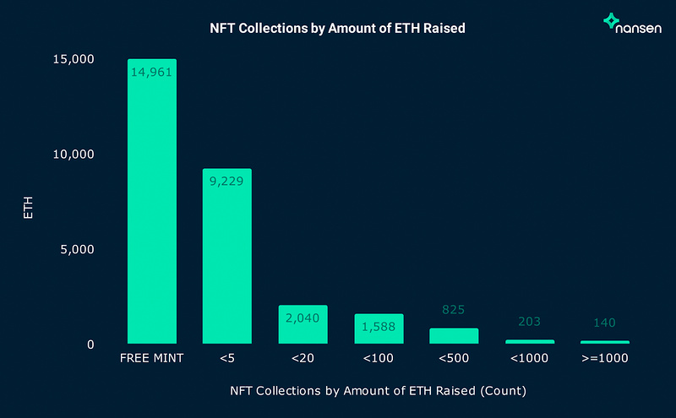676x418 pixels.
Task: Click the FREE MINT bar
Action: coord(152,203)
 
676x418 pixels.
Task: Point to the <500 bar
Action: coord(454,336)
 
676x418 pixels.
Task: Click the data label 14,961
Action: coord(152,72)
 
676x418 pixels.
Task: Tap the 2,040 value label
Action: coord(303,318)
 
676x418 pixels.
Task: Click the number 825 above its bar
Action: coord(454,310)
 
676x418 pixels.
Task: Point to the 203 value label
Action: coord(530,322)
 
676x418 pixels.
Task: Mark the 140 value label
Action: coord(605,323)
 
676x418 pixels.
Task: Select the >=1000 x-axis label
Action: coord(605,359)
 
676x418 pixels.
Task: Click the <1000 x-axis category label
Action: coord(530,359)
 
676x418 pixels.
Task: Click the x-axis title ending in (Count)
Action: coord(379,392)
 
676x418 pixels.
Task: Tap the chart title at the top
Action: coord(338,29)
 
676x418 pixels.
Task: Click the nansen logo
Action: coord(633,23)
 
